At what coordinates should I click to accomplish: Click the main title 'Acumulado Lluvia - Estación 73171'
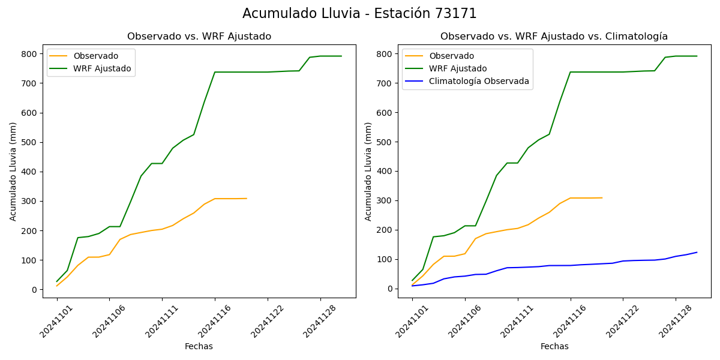point(359,14)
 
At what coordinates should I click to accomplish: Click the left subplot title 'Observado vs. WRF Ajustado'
point(199,37)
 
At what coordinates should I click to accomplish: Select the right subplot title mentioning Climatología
point(554,37)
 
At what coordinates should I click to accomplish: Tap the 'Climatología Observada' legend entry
point(479,82)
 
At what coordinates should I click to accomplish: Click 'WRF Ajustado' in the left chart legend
point(102,68)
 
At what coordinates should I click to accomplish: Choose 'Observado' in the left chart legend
point(96,56)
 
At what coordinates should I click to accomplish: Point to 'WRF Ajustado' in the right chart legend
point(458,68)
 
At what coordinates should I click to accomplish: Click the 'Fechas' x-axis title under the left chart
point(199,346)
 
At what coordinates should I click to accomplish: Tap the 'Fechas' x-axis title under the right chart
point(554,346)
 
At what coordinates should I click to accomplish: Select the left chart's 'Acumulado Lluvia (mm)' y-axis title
point(13,171)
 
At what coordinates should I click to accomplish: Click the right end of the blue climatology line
point(697,252)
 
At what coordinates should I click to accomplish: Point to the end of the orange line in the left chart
point(247,198)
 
